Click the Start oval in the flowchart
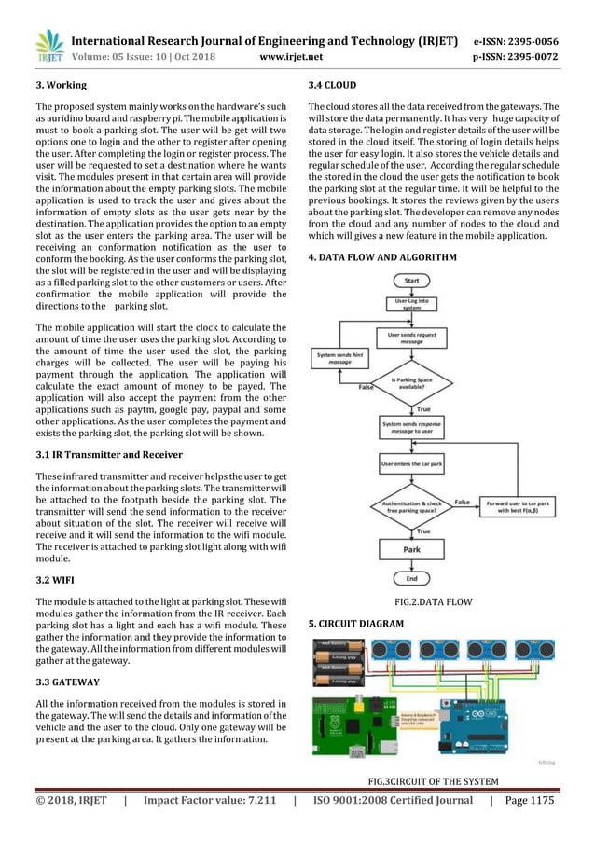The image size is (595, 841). point(411,280)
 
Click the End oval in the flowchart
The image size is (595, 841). point(411,579)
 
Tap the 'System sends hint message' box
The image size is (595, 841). point(339,358)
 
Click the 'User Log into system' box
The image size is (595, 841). point(411,304)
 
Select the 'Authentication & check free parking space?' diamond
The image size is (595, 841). point(411,506)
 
